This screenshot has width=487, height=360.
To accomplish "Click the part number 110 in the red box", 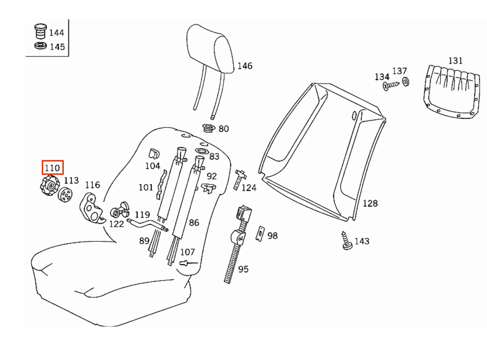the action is click(x=52, y=168).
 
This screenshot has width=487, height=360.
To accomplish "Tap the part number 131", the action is click(x=455, y=61).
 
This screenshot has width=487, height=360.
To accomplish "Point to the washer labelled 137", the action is click(x=405, y=82).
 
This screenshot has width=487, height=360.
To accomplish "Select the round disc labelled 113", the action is click(x=65, y=194).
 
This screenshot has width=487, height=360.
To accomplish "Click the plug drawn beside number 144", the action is click(x=41, y=31).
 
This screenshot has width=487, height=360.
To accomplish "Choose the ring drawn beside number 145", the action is click(x=41, y=46).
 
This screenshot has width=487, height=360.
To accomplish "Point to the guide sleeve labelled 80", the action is click(x=208, y=128).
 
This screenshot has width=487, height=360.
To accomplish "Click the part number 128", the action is click(x=370, y=203).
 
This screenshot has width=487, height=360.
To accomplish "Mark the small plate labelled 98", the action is click(x=260, y=234).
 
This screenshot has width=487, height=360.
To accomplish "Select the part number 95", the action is click(x=243, y=269).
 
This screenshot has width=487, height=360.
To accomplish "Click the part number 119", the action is click(x=142, y=214).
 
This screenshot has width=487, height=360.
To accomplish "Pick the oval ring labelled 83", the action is click(x=202, y=152).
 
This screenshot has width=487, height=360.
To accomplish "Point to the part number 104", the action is click(x=153, y=166).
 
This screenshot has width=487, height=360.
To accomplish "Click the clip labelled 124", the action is click(x=240, y=179).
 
